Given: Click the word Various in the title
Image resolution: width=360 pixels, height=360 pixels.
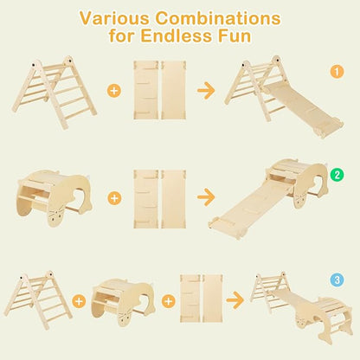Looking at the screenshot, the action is click(x=114, y=18).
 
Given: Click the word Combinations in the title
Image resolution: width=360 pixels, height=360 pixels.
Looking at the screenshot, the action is click(x=218, y=18).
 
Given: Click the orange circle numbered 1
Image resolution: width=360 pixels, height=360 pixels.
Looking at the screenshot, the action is click(x=337, y=72).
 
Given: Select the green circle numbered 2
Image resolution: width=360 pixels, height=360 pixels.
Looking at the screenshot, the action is click(x=337, y=174).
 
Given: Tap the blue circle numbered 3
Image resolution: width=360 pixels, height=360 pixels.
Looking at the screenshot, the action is click(x=337, y=280).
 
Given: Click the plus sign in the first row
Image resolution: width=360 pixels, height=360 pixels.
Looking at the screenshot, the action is click(x=114, y=91).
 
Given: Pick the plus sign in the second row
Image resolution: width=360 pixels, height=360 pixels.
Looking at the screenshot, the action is click(x=114, y=198).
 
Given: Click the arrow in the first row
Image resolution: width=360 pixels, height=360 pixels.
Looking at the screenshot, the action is click(x=206, y=90).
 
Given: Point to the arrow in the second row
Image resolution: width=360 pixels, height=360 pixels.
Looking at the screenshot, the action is click(x=206, y=197).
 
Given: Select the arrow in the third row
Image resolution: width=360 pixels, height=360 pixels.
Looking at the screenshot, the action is click(x=235, y=300).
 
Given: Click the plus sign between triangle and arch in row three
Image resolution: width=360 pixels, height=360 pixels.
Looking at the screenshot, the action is click(x=79, y=301).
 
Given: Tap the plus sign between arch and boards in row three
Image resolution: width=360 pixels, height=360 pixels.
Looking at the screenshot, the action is click(x=169, y=301).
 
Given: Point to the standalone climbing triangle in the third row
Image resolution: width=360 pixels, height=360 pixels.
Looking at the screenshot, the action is click(x=37, y=300).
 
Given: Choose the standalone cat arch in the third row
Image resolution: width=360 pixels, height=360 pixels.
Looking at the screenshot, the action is click(x=124, y=301).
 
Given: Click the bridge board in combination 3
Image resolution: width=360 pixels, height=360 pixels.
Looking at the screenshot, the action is click(x=292, y=301).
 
